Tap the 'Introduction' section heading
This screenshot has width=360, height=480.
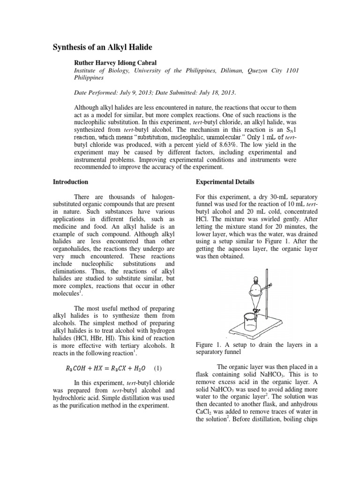[70, 181]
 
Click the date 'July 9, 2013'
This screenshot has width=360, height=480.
[128, 92]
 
